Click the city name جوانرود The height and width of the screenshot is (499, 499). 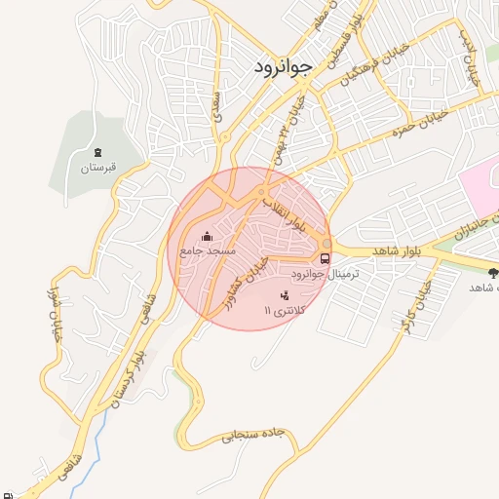(282, 67)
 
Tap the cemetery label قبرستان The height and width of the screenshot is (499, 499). (97, 167)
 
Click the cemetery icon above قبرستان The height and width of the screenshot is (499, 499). (97, 151)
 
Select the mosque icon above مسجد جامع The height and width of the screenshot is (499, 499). (207, 236)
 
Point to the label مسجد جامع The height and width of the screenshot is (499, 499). (204, 251)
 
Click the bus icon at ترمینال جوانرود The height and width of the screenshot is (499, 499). (324, 258)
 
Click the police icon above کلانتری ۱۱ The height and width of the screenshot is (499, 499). (285, 294)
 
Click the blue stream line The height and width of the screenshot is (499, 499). (82, 464)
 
